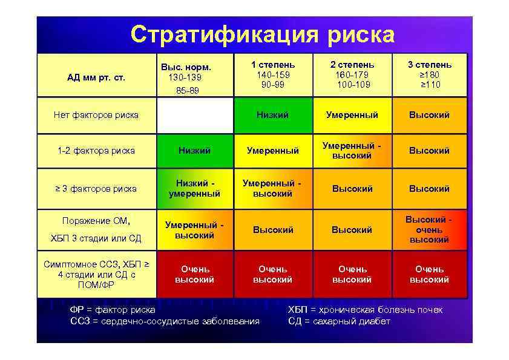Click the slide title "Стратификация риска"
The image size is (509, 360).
pyautogui.click(x=263, y=34)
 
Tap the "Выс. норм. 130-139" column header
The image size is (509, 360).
pyautogui.click(x=194, y=76)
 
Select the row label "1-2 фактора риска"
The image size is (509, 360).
pyautogui.click(x=96, y=151)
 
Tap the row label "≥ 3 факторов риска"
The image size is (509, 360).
pyautogui.click(x=96, y=188)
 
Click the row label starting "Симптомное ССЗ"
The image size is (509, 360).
pyautogui.click(x=96, y=274)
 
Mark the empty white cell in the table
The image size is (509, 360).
pyautogui.click(x=194, y=115)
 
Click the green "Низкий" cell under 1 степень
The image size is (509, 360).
pyautogui.click(x=273, y=115)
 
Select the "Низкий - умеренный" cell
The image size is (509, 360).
pyautogui.click(x=194, y=188)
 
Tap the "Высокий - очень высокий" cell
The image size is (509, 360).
pyautogui.click(x=429, y=230)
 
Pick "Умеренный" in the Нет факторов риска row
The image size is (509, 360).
pyautogui.click(x=352, y=115)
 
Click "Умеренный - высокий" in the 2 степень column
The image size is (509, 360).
pyautogui.click(x=352, y=151)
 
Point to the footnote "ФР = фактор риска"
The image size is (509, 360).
pyautogui.click(x=113, y=310)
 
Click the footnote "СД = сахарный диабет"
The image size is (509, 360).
pyautogui.click(x=339, y=321)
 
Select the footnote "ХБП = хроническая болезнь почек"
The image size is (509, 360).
pyautogui.click(x=365, y=310)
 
